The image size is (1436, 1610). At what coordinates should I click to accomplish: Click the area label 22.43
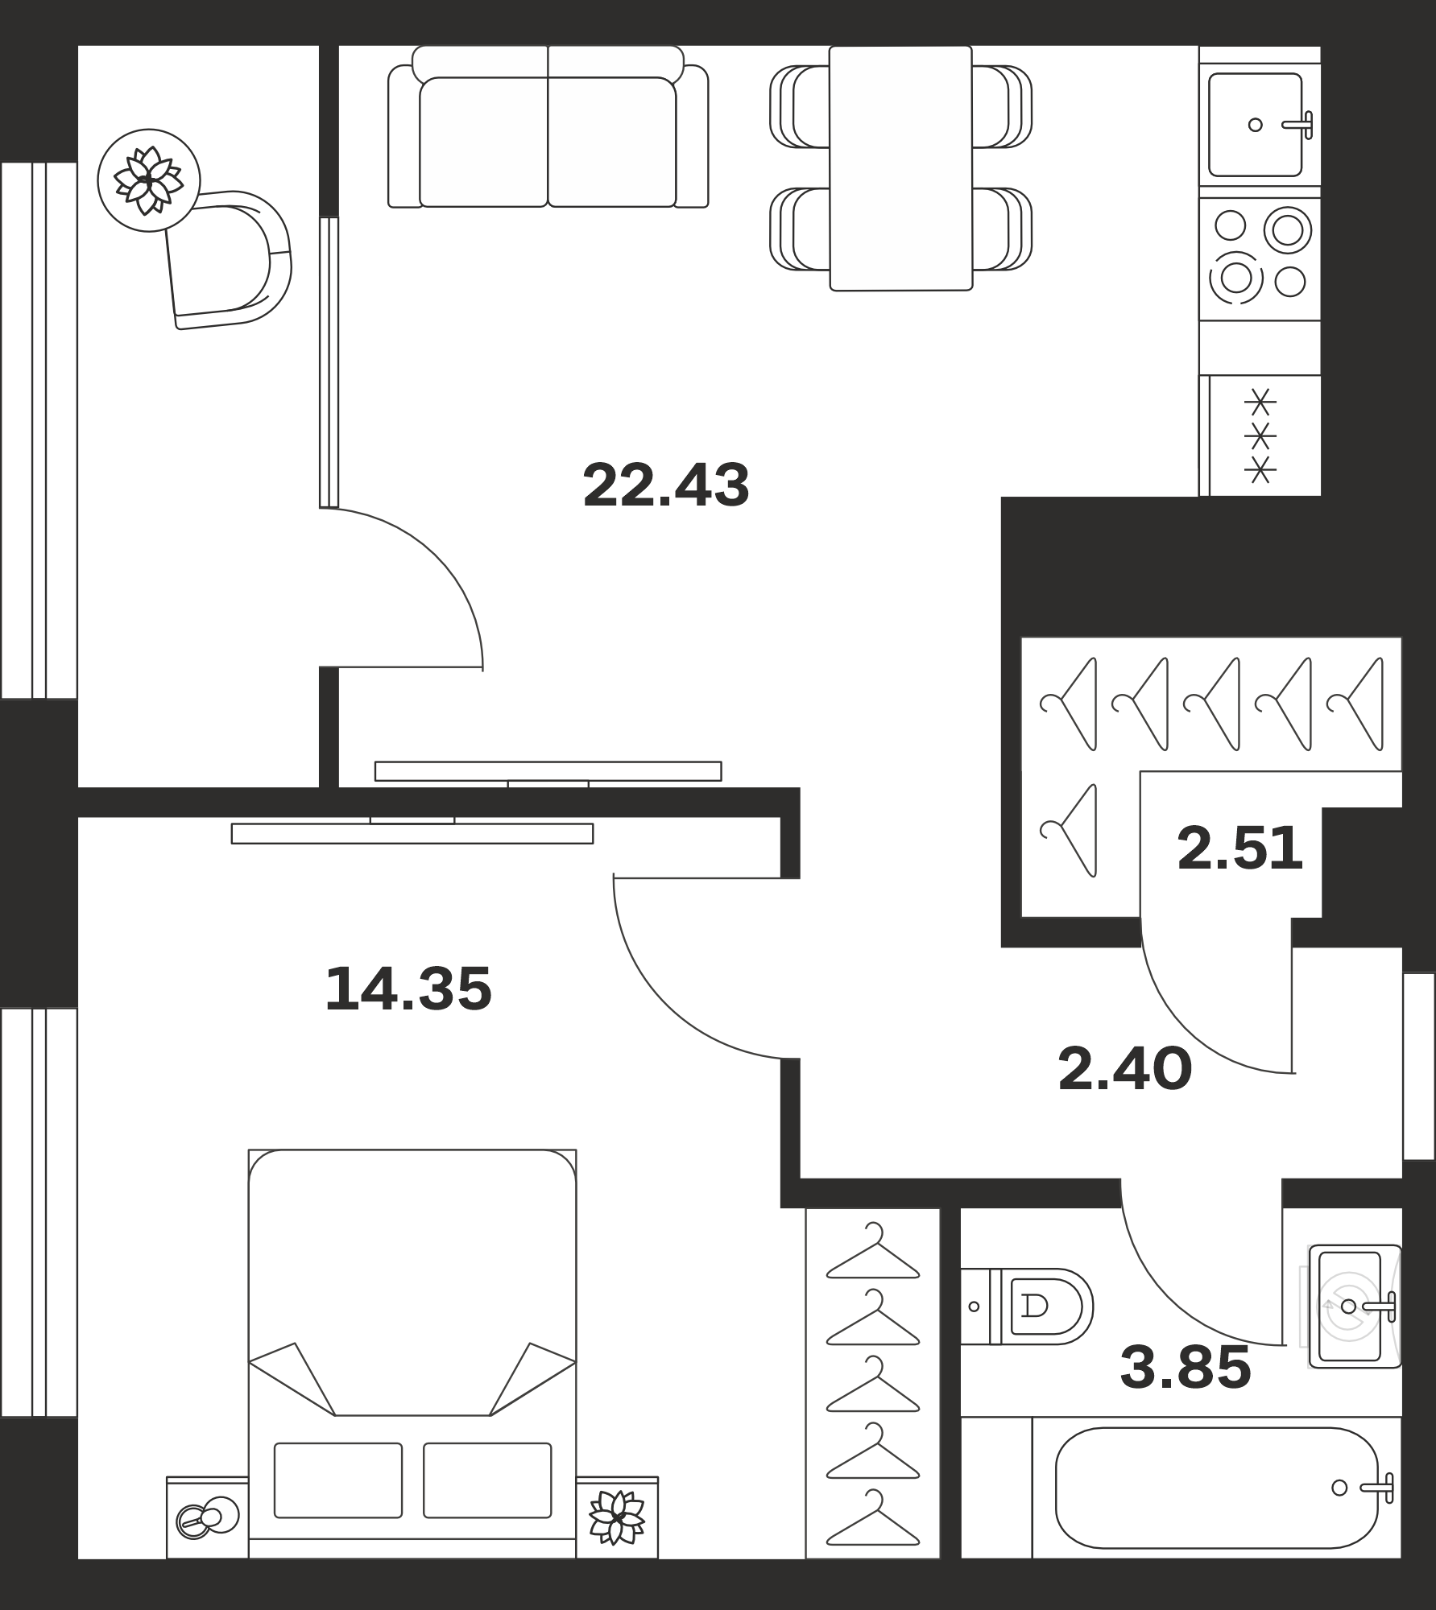pos(666,485)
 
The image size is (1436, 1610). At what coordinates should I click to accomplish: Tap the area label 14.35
pos(408,989)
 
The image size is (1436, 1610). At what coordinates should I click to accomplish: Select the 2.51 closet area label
pos(1239,848)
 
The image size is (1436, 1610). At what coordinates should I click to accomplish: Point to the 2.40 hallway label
pos(1125,1068)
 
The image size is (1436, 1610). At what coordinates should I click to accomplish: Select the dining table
pos(901,167)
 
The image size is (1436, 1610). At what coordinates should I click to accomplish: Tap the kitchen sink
pos(1260,124)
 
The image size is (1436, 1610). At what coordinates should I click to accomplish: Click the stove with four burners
pos(1260,258)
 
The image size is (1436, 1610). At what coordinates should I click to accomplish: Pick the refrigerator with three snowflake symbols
pos(1260,436)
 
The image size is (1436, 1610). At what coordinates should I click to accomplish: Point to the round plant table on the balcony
pos(149,180)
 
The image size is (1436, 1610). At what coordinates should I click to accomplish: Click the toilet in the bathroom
pos(1027,1306)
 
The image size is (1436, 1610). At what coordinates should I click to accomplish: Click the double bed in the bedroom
pos(412,1353)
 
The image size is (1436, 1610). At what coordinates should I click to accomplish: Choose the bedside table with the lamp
pos(208,1517)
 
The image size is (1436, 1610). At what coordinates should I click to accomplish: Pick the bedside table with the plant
pos(617,1517)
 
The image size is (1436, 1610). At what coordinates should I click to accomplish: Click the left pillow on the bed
pos(338,1480)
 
